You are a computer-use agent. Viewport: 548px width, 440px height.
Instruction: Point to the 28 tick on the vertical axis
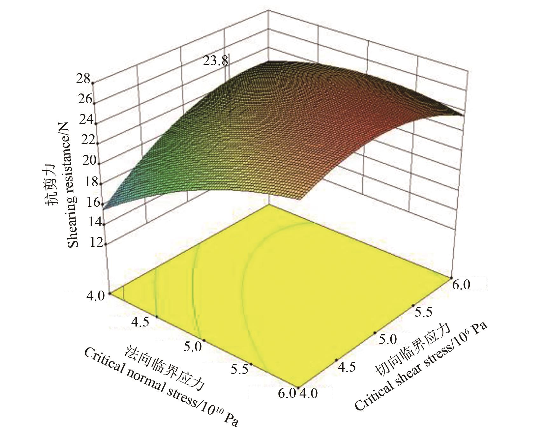(83, 79)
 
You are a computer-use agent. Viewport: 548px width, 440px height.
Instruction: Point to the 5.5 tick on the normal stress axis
(239, 369)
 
